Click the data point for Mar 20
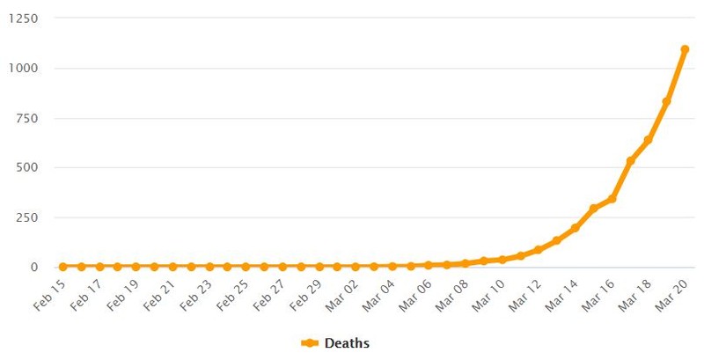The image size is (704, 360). click(x=685, y=49)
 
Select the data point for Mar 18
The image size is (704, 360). click(x=648, y=140)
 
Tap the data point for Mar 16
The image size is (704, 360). click(x=612, y=198)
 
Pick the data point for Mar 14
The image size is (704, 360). click(x=575, y=228)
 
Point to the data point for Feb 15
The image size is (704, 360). click(x=62, y=267)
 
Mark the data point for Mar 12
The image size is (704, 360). click(x=538, y=250)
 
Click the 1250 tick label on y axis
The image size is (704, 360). click(x=24, y=18)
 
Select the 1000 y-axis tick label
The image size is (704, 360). click(x=24, y=69)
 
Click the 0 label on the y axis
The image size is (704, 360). click(x=34, y=267)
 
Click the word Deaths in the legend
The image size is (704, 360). click(x=347, y=343)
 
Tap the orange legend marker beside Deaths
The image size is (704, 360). click(x=310, y=343)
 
